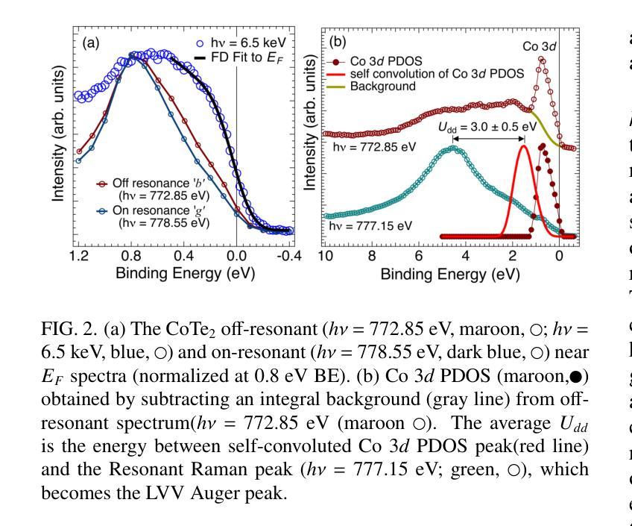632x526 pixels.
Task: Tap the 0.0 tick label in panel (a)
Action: pyautogui.click(x=236, y=257)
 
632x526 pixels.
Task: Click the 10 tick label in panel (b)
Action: pyautogui.click(x=326, y=257)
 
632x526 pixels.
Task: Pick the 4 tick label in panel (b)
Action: pyautogui.click(x=466, y=257)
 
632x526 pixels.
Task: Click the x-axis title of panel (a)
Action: pyautogui.click(x=184, y=273)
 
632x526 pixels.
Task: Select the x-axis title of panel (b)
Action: pyautogui.click(x=450, y=273)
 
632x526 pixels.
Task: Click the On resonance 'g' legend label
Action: pyautogui.click(x=151, y=211)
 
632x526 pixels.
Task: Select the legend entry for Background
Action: pyautogui.click(x=383, y=87)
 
